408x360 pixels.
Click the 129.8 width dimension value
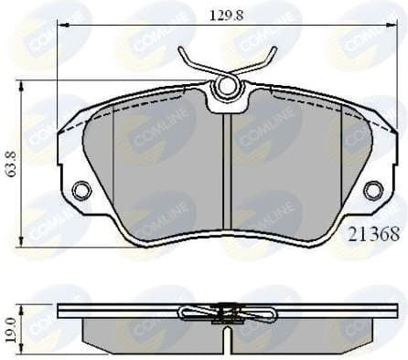pyautogui.click(x=224, y=13)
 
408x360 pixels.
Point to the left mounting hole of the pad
pyautogui.click(x=81, y=191)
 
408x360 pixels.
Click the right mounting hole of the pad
pyautogui.click(x=372, y=190)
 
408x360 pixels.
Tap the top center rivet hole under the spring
pyautogui.click(x=224, y=88)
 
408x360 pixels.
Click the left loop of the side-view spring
pyautogui.click(x=194, y=313)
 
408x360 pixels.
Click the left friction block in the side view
pyautogui.click(x=146, y=331)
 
